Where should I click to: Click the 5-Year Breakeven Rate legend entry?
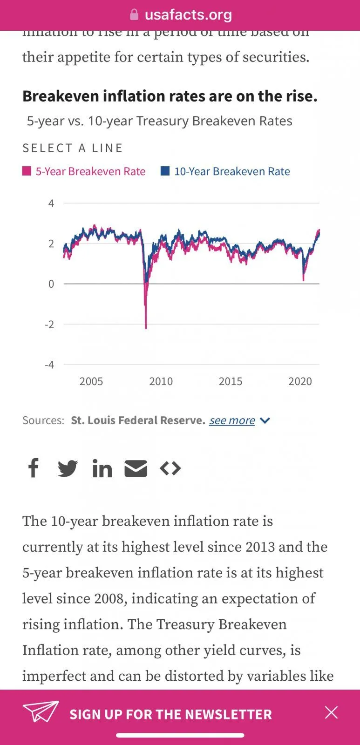pyautogui.click(x=84, y=171)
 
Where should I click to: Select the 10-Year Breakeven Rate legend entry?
pyautogui.click(x=225, y=171)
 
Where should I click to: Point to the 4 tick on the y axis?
pyautogui.click(x=51, y=203)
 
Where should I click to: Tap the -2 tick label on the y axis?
pyautogui.click(x=49, y=325)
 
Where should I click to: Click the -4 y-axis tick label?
pyautogui.click(x=49, y=365)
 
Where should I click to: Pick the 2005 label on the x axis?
pyautogui.click(x=91, y=381)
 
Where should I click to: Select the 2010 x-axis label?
pyautogui.click(x=161, y=381)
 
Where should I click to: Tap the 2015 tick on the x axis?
pyautogui.click(x=231, y=381)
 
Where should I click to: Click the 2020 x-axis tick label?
pyautogui.click(x=300, y=381)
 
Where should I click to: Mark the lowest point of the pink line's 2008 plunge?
pyautogui.click(x=146, y=328)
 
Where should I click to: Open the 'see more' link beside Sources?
pyautogui.click(x=232, y=420)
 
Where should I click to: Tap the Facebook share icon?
pyautogui.click(x=34, y=468)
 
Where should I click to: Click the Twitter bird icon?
pyautogui.click(x=68, y=468)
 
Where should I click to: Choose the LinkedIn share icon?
pyautogui.click(x=102, y=468)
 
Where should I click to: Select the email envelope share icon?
pyautogui.click(x=136, y=468)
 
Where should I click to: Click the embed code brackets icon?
pyautogui.click(x=170, y=468)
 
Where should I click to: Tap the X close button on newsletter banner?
pyautogui.click(x=331, y=712)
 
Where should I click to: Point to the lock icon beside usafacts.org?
pyautogui.click(x=134, y=15)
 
